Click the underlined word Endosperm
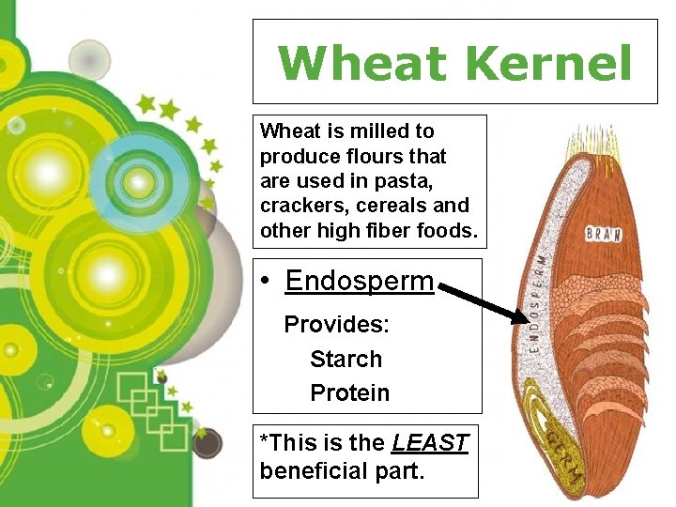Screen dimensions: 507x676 (360, 281)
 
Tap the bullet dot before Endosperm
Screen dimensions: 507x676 (268, 282)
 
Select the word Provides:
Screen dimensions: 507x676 (336, 325)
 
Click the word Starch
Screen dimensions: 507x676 (346, 359)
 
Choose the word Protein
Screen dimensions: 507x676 (349, 392)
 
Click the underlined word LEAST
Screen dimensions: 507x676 (430, 442)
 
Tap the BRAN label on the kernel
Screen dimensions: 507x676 (603, 233)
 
